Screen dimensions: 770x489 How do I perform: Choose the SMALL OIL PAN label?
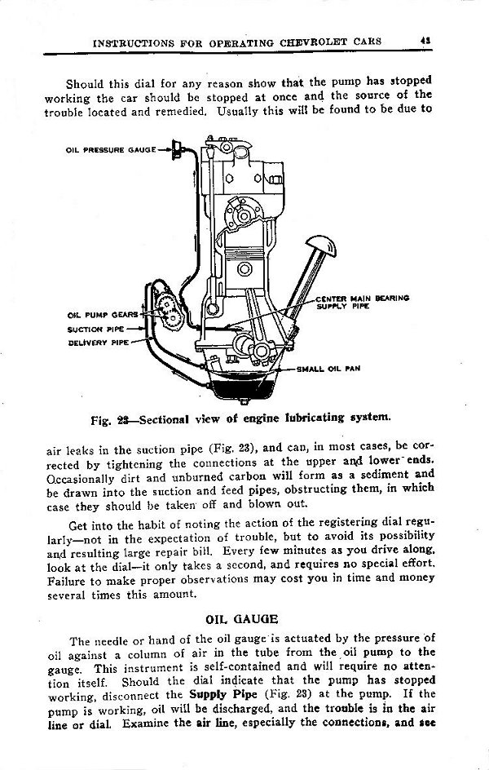tap(328, 369)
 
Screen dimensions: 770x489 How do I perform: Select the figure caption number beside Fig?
tap(126, 421)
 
